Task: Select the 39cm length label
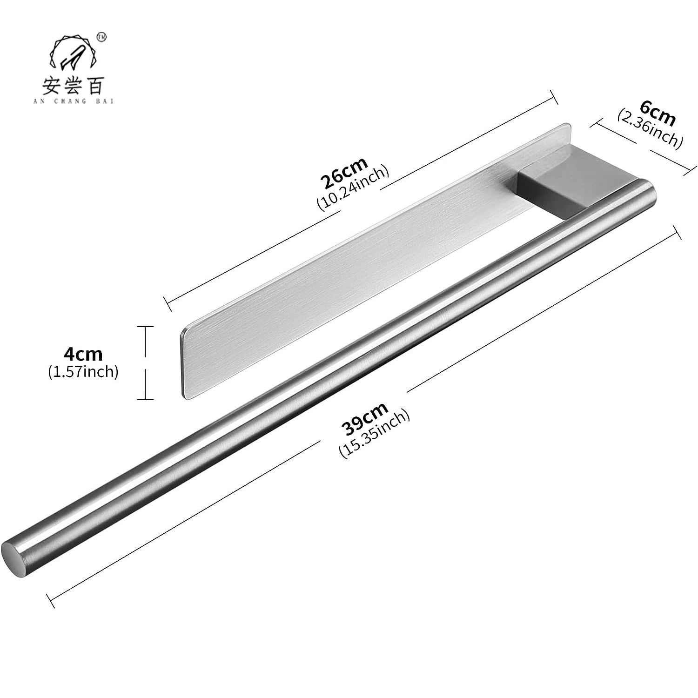click(364, 418)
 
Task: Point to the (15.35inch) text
click(375, 434)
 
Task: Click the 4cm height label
click(83, 355)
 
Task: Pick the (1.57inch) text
click(83, 372)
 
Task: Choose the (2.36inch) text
click(650, 129)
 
